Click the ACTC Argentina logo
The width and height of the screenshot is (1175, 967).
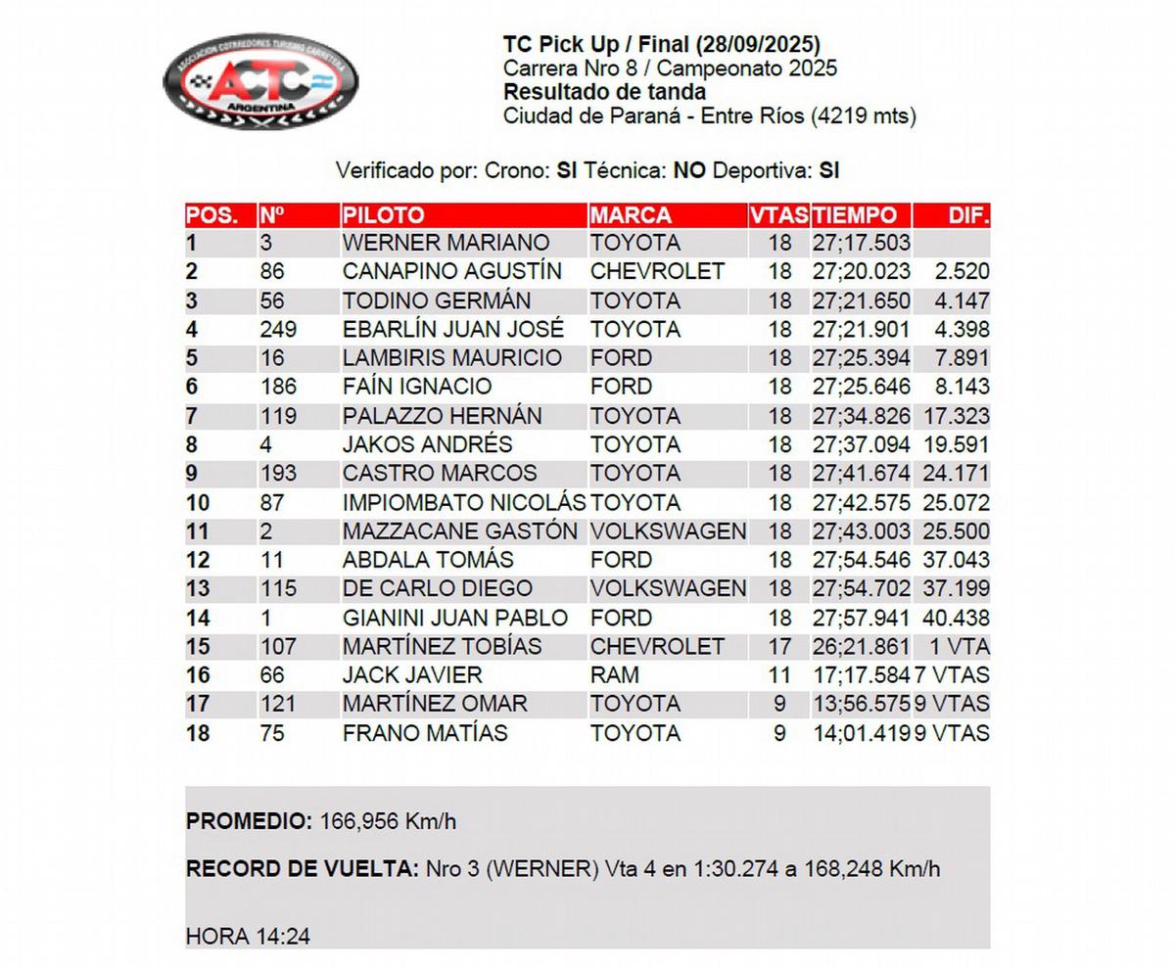pyautogui.click(x=259, y=81)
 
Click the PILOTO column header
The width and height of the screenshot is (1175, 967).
pyautogui.click(x=384, y=215)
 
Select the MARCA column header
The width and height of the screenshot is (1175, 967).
pyautogui.click(x=632, y=215)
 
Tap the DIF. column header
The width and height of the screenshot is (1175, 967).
pyautogui.click(x=968, y=215)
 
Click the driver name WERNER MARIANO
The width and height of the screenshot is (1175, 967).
pyautogui.click(x=446, y=243)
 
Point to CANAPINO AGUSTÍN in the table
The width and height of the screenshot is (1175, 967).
pyautogui.click(x=451, y=271)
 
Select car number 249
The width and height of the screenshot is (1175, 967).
pyautogui.click(x=278, y=329)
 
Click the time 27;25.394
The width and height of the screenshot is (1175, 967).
pyautogui.click(x=861, y=358)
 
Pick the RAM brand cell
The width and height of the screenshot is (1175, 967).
pyautogui.click(x=615, y=675)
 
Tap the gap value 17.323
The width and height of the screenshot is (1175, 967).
pyautogui.click(x=955, y=416)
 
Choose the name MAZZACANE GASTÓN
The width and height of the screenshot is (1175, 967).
pyautogui.click(x=459, y=531)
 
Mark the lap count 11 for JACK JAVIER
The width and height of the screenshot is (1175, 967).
pyautogui.click(x=779, y=675)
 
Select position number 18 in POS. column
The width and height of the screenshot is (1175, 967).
pyautogui.click(x=198, y=733)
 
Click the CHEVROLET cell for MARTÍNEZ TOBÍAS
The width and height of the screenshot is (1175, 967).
pyautogui.click(x=657, y=647)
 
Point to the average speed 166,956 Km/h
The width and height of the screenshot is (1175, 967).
pyautogui.click(x=388, y=822)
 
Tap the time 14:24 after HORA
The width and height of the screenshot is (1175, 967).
pyautogui.click(x=283, y=937)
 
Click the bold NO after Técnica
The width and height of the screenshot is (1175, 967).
pyautogui.click(x=690, y=170)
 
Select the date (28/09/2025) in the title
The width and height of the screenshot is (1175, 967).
pyautogui.click(x=759, y=44)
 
